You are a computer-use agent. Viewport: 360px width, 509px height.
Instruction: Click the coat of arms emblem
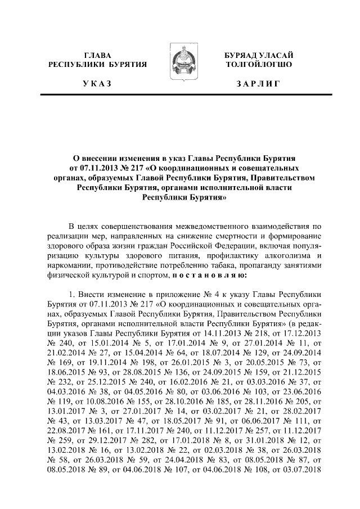180,64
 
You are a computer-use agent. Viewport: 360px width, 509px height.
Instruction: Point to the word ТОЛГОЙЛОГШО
258,65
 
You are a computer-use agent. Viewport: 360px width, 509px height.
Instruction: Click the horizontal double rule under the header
180,97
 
